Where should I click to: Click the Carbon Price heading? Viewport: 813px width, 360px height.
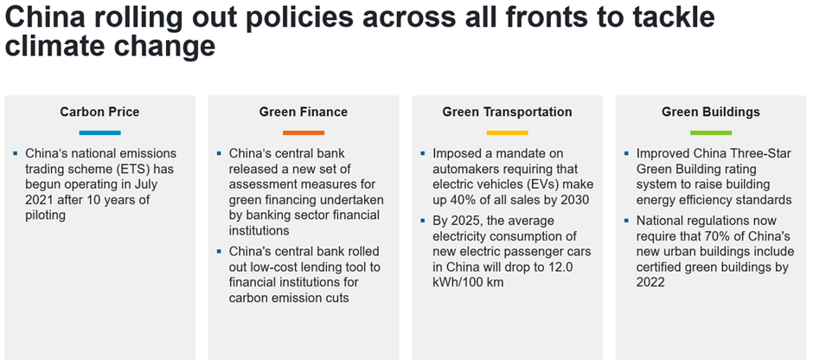[x=99, y=112]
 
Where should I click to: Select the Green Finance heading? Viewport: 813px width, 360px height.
[x=304, y=112]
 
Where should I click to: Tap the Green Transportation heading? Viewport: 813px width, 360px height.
[x=507, y=112]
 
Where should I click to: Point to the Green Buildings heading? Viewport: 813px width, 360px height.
[x=711, y=112]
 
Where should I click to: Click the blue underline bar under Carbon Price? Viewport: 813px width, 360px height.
[x=99, y=132]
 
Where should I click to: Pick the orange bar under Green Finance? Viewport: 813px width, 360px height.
[x=304, y=132]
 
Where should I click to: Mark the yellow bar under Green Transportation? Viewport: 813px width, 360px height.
[x=507, y=132]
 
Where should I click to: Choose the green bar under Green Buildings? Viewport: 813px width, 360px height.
[x=711, y=132]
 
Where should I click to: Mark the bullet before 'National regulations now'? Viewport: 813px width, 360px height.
[x=626, y=221]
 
